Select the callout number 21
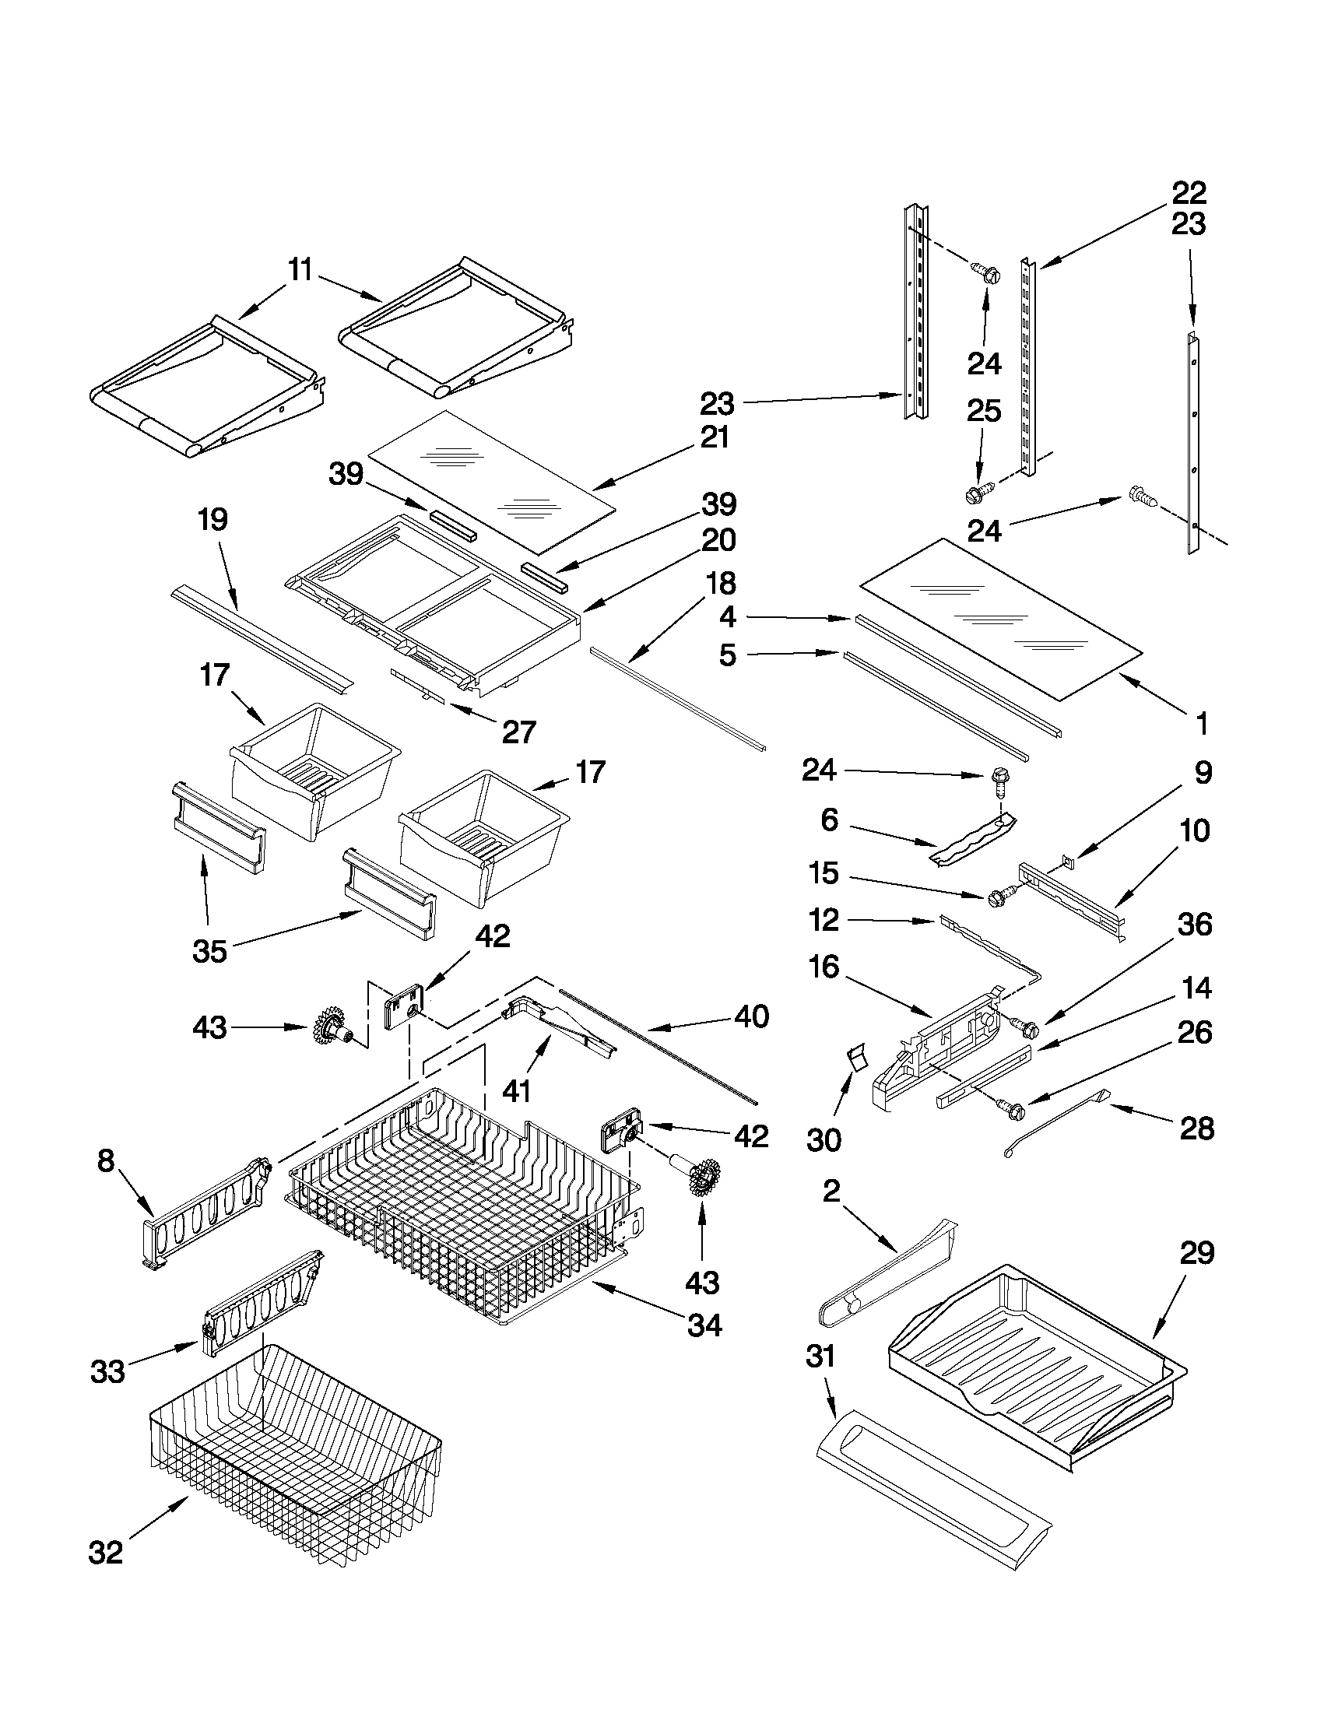point(714,437)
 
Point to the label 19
point(212,519)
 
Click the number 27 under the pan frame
point(519,732)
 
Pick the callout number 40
point(751,1016)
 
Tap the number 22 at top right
point(1189,192)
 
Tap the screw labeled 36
point(1024,1023)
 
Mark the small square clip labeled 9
point(1066,862)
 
